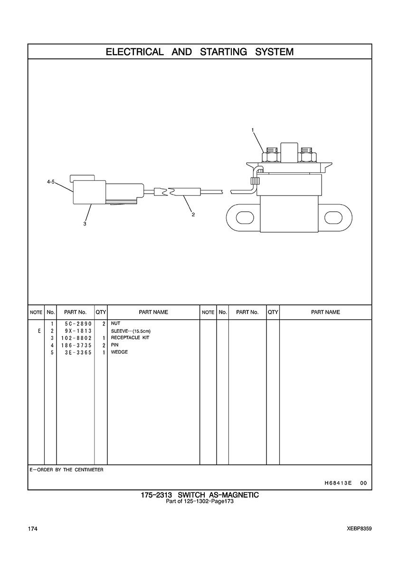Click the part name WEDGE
119,352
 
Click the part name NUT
115,324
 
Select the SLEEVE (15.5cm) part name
131,331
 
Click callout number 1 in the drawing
253,130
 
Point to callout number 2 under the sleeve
193,214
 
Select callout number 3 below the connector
85,224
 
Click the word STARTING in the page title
223,52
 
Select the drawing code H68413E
338,483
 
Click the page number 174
33,528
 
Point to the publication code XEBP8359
359,528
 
